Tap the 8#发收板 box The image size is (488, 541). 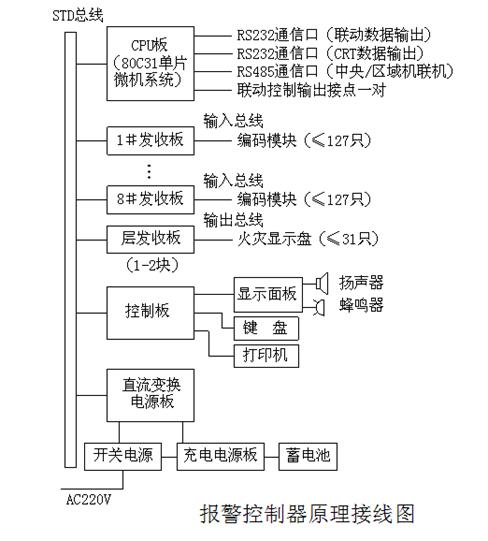click(x=149, y=198)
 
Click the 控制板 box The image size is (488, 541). click(x=149, y=310)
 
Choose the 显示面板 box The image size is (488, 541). click(x=267, y=294)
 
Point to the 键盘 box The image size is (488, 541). click(x=267, y=328)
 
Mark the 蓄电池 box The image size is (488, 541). click(x=307, y=457)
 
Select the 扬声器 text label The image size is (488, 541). click(x=361, y=283)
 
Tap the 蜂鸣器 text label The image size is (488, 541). click(x=361, y=305)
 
